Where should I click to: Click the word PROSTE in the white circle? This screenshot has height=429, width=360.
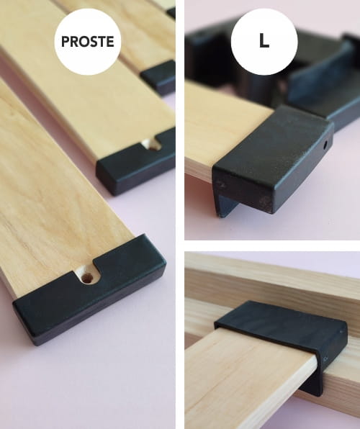(88, 41)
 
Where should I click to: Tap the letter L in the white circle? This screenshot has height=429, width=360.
(264, 41)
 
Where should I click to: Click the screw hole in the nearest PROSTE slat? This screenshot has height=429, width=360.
(88, 278)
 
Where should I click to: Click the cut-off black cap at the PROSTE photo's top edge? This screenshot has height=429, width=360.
(171, 12)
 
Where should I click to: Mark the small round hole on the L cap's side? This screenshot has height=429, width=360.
(325, 145)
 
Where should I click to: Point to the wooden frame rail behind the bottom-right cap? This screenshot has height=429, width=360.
(274, 279)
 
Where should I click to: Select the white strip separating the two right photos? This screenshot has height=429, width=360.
(272, 245)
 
